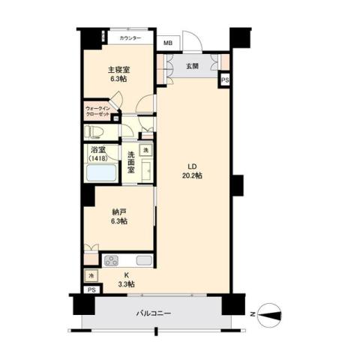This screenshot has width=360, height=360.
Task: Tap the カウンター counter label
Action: (130, 38)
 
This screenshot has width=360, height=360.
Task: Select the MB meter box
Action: (168, 44)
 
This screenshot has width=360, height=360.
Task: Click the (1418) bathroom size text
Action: (98, 158)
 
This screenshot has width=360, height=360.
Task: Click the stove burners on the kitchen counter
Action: (111, 261)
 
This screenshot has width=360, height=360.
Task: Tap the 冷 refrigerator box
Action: (91, 275)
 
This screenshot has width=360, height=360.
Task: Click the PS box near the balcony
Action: (91, 289)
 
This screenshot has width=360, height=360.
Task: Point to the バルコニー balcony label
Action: (154, 313)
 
